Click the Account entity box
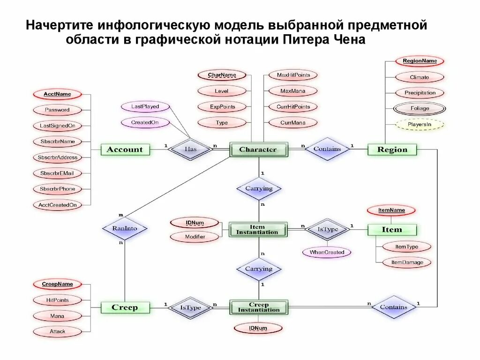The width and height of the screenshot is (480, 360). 125,150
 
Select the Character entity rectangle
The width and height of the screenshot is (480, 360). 258,150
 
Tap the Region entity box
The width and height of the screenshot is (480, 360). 392,150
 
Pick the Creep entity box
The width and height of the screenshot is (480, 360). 125,308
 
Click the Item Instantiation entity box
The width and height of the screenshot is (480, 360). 258,230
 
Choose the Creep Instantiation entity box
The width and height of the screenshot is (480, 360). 258,307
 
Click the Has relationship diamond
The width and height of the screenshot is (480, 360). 190,149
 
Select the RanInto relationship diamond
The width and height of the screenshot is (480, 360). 125,229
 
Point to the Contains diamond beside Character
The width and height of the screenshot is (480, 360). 327,149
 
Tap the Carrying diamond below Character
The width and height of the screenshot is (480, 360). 259,189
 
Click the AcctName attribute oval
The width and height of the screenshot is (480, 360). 57,94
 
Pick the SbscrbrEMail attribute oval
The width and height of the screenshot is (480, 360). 57,173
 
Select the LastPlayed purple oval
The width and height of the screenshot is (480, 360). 145,107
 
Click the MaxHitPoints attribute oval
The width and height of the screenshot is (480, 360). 293,75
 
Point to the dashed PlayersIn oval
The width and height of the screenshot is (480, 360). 420,125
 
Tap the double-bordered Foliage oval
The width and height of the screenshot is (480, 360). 420,109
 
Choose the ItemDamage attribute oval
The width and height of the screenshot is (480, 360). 407,262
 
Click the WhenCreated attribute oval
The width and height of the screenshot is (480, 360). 327,252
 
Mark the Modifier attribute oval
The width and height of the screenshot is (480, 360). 195,237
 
